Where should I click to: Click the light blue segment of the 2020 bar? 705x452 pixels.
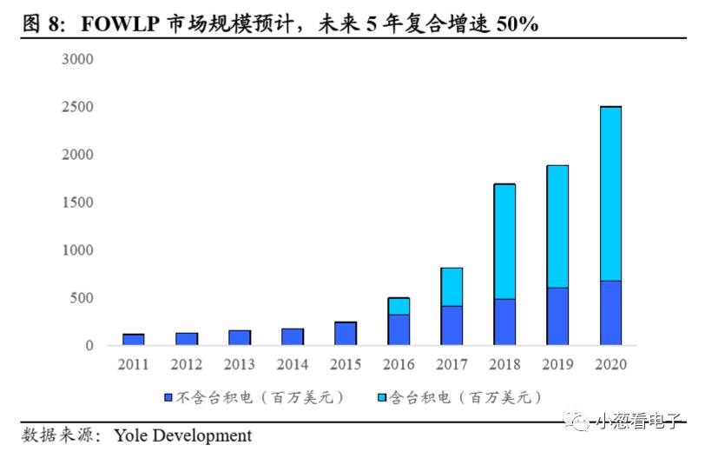click(610, 193)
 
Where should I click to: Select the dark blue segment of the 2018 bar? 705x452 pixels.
click(504, 322)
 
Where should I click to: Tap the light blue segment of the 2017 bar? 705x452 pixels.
click(451, 287)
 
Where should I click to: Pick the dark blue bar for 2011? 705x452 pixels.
click(134, 339)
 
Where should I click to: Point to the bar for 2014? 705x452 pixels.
click(293, 336)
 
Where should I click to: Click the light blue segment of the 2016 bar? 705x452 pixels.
click(399, 306)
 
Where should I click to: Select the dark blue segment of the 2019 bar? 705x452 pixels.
click(557, 316)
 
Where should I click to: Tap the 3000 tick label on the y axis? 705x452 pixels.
click(77, 59)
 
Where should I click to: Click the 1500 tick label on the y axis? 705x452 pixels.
click(77, 203)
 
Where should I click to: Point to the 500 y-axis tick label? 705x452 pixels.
click(81, 298)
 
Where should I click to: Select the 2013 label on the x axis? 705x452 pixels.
click(240, 364)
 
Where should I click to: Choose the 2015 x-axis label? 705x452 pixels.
click(346, 364)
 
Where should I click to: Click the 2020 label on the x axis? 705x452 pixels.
click(610, 364)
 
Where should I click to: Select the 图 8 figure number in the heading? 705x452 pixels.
click(45, 24)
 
